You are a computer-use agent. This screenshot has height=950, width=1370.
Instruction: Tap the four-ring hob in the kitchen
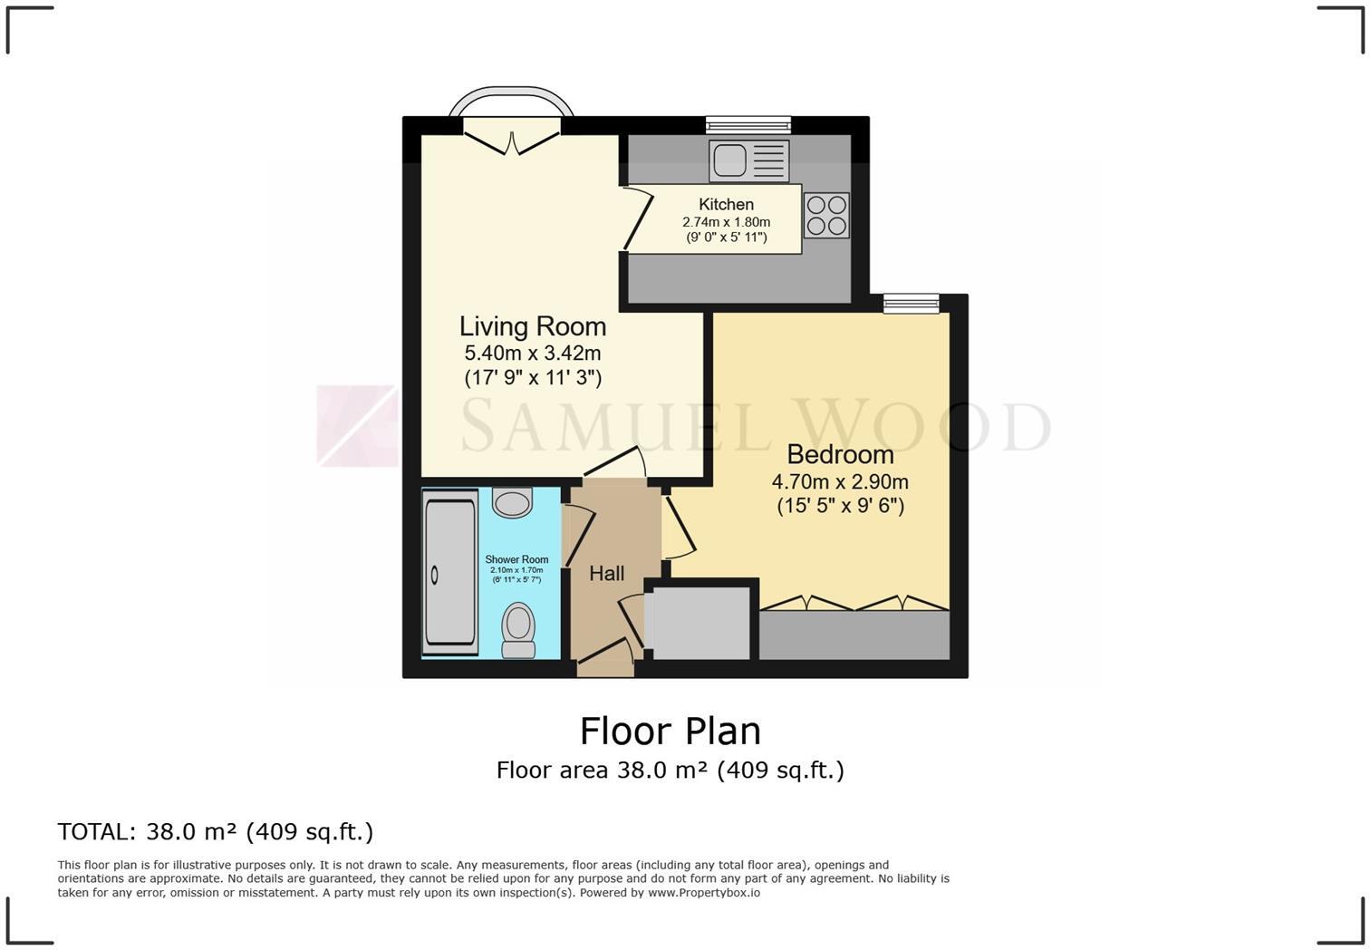point(826,216)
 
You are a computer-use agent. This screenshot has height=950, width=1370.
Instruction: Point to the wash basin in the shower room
point(512,502)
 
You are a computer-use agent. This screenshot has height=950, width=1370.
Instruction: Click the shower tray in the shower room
point(450,573)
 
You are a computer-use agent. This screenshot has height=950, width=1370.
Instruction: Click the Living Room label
point(532,326)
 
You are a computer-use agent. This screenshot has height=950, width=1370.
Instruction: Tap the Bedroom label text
point(840,454)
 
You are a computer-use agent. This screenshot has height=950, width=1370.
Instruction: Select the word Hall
point(606,574)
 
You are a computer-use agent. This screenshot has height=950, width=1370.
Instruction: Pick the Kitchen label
point(726,205)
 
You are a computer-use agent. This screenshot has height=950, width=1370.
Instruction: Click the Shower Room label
point(516,559)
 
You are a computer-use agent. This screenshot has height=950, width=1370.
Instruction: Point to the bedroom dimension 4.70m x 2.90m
point(840,482)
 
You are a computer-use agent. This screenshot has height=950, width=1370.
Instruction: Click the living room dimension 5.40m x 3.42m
point(532,354)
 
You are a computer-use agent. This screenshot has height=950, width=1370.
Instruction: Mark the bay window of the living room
point(512,102)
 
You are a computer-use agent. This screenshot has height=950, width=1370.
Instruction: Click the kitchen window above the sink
point(748,125)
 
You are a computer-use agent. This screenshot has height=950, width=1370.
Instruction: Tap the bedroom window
point(912,304)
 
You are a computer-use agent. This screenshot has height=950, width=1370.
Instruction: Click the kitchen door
point(637,218)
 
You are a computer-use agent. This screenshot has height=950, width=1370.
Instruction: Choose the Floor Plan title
point(670,731)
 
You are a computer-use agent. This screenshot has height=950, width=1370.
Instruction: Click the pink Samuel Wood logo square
point(357,426)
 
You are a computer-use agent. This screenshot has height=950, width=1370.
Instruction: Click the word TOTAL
point(93,831)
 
